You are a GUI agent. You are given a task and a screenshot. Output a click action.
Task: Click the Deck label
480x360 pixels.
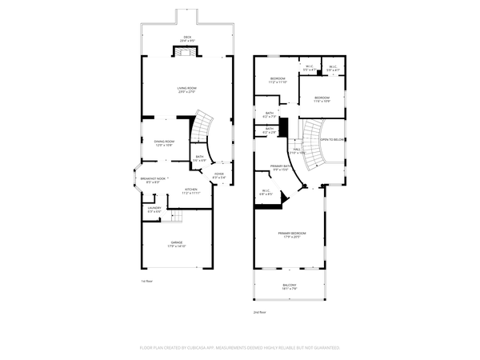187,38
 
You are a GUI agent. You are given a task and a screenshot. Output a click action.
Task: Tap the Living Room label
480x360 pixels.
187,90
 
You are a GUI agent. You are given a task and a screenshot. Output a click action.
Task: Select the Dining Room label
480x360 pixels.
164,143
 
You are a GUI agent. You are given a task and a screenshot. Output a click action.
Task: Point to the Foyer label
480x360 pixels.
218,175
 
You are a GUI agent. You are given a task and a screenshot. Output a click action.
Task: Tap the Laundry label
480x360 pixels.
154,210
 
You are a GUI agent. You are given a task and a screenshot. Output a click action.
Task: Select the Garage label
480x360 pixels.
176,244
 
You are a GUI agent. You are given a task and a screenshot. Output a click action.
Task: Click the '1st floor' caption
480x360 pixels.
146,281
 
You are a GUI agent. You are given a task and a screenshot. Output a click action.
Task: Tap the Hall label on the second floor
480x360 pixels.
297,150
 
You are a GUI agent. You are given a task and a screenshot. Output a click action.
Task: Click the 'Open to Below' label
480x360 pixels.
332,139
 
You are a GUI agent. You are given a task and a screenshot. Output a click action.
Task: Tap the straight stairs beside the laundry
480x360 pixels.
178,218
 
